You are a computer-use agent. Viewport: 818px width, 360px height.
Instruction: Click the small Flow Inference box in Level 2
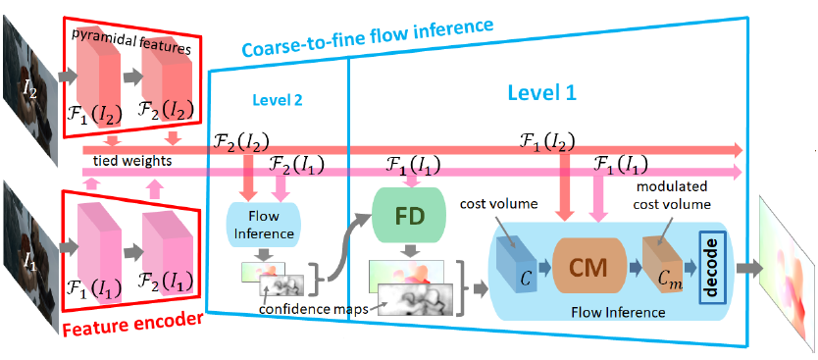264,224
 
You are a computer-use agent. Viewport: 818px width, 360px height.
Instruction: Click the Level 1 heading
541,93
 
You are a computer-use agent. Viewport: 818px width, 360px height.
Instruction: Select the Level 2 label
277,99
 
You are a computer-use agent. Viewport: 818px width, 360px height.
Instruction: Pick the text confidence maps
313,309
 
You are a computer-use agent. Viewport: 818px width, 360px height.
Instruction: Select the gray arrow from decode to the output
748,268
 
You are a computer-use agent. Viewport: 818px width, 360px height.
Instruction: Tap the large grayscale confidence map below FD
417,300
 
